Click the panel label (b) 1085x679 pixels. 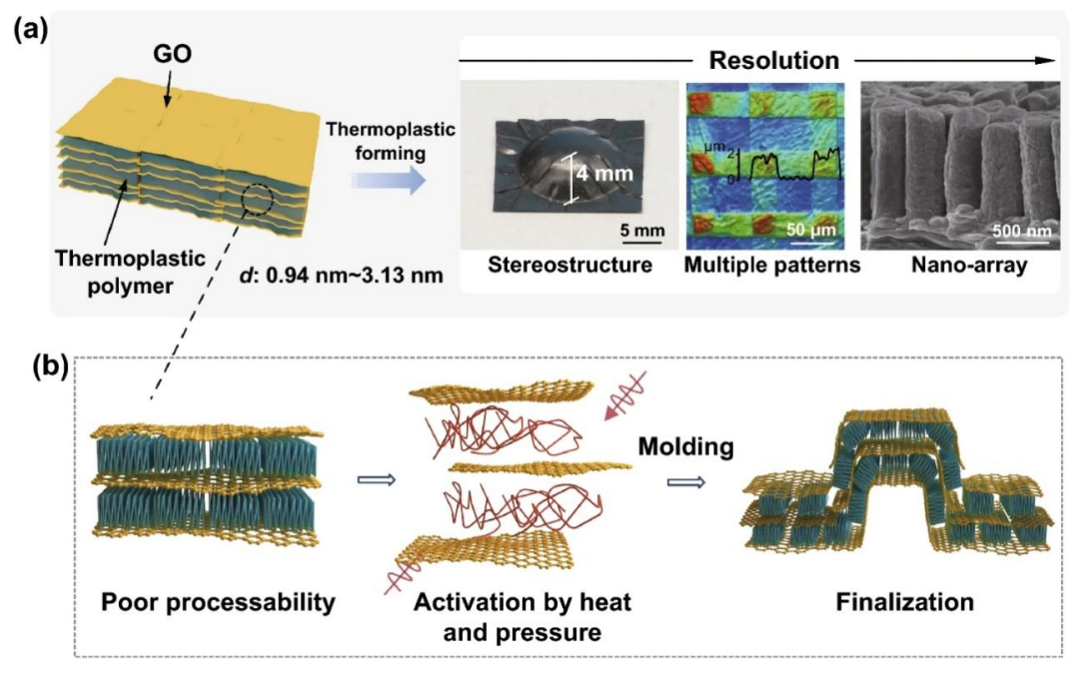click(x=51, y=367)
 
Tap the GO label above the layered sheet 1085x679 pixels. click(x=172, y=53)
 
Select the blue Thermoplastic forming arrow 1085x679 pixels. click(x=389, y=181)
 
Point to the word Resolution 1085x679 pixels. click(x=773, y=60)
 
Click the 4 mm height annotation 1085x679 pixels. click(x=604, y=173)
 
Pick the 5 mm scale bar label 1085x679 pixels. click(x=642, y=230)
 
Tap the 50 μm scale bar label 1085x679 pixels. click(x=811, y=229)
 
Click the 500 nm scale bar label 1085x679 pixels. click(x=1022, y=231)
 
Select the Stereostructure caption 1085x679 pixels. click(x=569, y=265)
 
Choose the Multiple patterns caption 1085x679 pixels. click(x=772, y=265)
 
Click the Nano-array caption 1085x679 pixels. click(x=969, y=265)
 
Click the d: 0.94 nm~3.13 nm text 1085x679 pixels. click(x=341, y=276)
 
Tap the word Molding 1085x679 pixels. click(x=685, y=446)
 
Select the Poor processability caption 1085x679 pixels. click(x=218, y=602)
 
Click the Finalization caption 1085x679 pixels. click(x=904, y=602)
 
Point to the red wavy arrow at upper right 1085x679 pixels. click(x=625, y=395)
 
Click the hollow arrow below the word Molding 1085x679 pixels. click(x=685, y=482)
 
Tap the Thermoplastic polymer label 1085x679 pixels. click(x=130, y=272)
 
